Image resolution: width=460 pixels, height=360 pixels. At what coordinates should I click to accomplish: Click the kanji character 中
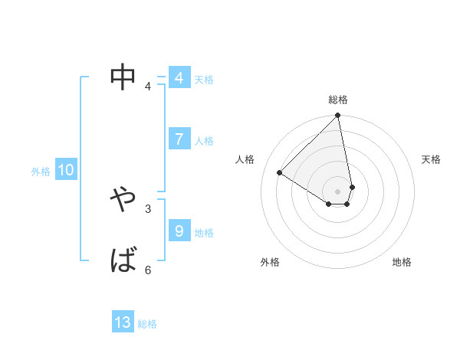[123, 77]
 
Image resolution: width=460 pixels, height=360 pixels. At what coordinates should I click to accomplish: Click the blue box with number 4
[179, 78]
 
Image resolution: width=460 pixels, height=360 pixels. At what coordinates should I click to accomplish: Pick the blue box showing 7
[179, 139]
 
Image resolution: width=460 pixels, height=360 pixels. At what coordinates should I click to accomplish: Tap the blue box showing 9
[179, 231]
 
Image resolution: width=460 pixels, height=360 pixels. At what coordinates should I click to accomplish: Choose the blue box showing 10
[66, 171]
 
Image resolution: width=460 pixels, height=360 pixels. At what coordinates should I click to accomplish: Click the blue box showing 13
[123, 322]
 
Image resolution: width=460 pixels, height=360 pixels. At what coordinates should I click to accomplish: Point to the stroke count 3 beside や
[148, 208]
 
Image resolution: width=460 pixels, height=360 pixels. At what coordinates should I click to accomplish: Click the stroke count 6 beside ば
[148, 270]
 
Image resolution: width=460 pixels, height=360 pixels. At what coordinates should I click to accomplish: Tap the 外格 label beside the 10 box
[41, 172]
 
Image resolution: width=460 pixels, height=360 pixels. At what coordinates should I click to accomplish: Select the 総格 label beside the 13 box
[147, 324]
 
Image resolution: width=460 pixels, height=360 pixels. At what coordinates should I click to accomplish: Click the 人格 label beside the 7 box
[204, 141]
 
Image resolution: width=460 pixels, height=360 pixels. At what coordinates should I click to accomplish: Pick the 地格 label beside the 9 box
[204, 233]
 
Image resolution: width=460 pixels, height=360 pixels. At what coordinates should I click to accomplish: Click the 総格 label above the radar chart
[338, 100]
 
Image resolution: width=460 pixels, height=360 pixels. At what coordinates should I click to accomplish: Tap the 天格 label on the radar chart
[432, 159]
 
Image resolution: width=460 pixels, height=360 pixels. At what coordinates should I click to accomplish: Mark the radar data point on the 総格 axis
[338, 116]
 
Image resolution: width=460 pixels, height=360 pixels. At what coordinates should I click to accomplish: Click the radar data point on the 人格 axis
[280, 172]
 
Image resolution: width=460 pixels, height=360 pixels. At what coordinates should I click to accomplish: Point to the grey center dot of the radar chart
[338, 191]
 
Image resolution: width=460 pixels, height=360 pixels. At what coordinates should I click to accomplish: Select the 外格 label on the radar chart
[270, 262]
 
